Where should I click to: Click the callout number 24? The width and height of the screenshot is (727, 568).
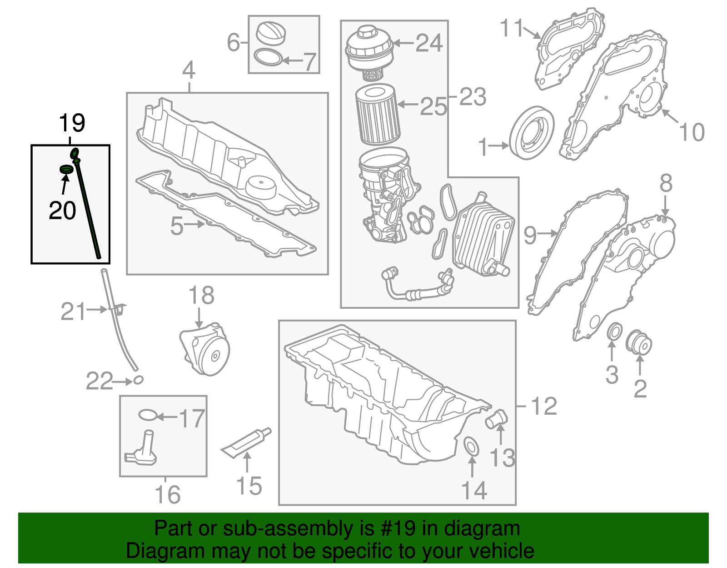coord(429,43)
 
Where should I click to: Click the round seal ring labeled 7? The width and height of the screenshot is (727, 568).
coord(268,58)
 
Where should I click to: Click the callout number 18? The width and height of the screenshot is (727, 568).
coord(201,296)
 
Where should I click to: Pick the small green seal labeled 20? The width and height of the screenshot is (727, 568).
coord(66,169)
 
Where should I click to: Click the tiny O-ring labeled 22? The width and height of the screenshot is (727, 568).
coord(138,380)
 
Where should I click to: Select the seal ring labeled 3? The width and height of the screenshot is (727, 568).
coord(614,332)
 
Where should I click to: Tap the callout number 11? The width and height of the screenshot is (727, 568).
coord(512,28)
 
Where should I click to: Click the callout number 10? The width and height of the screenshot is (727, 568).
coord(692,132)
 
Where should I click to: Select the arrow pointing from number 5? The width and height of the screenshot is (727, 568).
coord(195,224)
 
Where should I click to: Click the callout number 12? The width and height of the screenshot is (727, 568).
coord(543,406)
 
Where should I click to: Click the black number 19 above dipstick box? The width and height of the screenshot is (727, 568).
coord(72,123)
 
